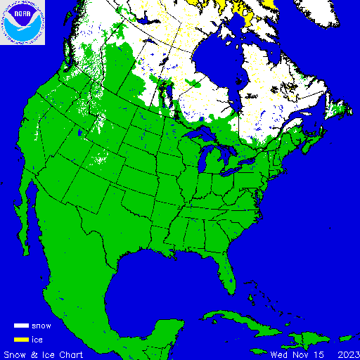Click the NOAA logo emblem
[22, 22]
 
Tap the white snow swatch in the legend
[21, 326]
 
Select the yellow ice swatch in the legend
[21, 339]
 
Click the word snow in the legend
[41, 326]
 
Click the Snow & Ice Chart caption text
[44, 354]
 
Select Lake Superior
[201, 134]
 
